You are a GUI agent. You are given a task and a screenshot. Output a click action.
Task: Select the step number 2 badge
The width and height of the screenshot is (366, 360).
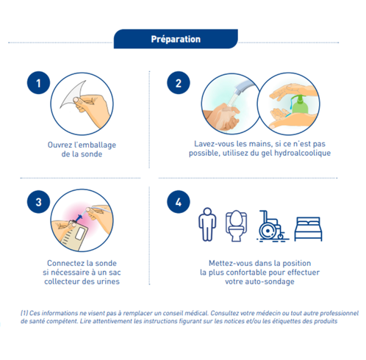(177, 82)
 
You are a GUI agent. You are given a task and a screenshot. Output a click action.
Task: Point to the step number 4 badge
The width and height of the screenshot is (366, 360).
(177, 199)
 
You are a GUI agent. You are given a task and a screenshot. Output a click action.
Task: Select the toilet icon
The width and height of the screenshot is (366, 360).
(235, 226)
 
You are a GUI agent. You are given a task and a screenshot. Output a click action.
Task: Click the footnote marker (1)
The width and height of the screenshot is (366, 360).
(24, 312)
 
